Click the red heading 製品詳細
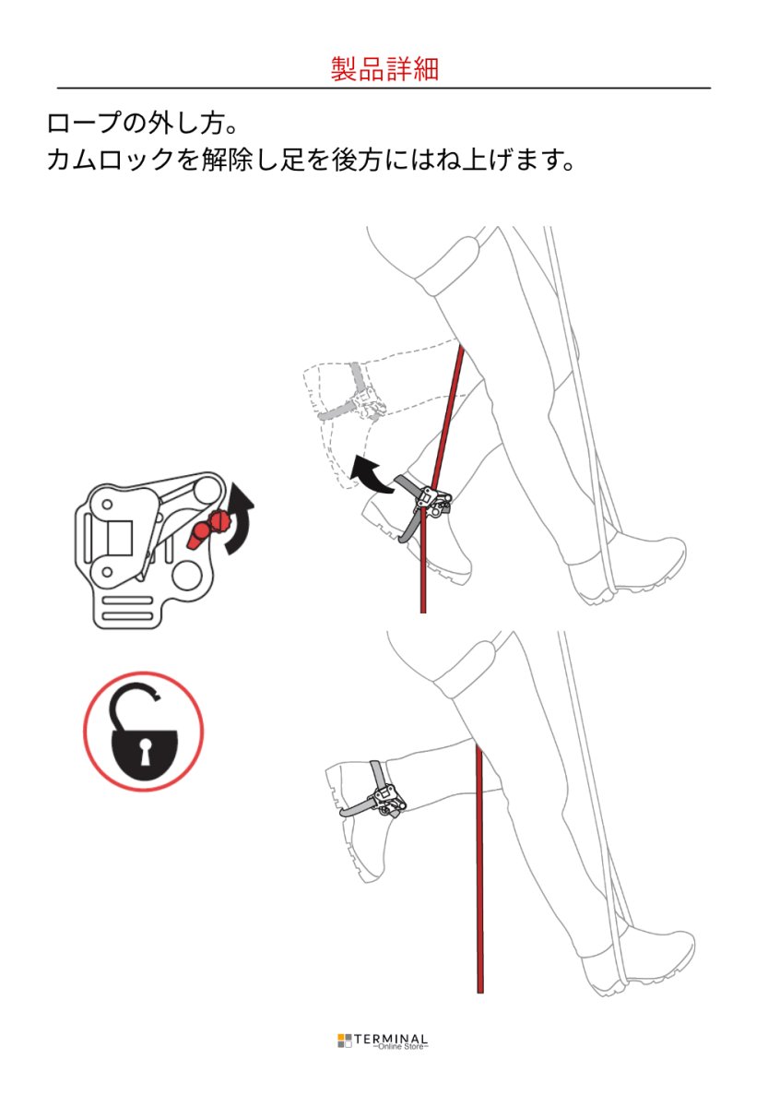[384, 68]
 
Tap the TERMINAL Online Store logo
[383, 1041]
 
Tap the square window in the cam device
[120, 538]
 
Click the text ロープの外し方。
[143, 123]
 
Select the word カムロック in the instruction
[112, 160]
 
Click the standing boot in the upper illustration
[626, 568]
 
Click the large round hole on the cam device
[188, 577]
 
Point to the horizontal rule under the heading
[384, 88]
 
